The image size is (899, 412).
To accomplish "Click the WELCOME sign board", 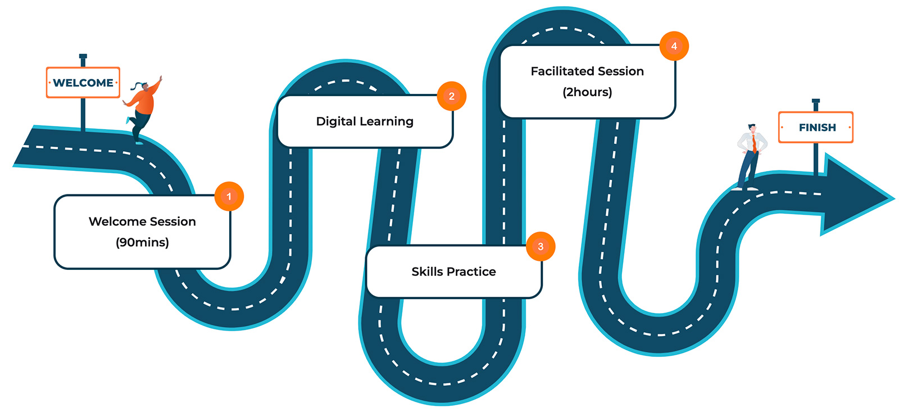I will pos(83,83).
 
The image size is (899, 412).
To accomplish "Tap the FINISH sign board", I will pos(816,128).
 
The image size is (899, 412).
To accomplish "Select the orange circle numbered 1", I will pos(229,196).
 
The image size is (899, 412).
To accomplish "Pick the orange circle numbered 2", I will pos(452,96).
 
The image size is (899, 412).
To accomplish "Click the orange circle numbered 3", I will pos(541,246).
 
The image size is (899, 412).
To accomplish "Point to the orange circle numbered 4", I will pos(674,46).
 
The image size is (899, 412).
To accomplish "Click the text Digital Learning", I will pos(365,121).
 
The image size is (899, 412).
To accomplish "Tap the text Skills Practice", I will pos(453,272).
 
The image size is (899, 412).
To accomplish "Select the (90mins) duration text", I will pos(142,242).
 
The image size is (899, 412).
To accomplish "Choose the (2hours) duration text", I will pos(587,92).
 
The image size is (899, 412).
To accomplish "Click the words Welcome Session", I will pos(142,221).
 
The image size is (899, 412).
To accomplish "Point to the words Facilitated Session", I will pos(587,71).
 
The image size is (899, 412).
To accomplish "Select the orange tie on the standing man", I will pos(754,143).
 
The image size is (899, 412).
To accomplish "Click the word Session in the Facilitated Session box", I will pos(621,71).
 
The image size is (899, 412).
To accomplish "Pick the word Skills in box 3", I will pos(425,272).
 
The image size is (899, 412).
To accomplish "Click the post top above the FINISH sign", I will pos(816,102).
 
